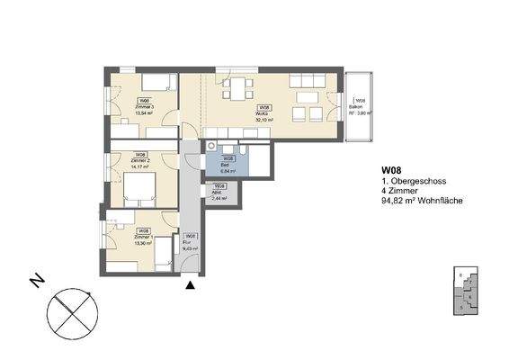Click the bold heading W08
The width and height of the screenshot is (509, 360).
(x=391, y=171)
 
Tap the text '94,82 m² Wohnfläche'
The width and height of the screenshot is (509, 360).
(x=422, y=202)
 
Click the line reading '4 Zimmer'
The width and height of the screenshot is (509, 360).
(x=397, y=192)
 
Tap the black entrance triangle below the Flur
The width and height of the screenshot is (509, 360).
(x=190, y=285)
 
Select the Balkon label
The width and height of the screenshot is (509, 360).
(x=358, y=108)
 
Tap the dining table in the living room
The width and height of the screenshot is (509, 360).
(x=238, y=90)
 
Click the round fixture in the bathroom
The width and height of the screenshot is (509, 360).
(x=211, y=144)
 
